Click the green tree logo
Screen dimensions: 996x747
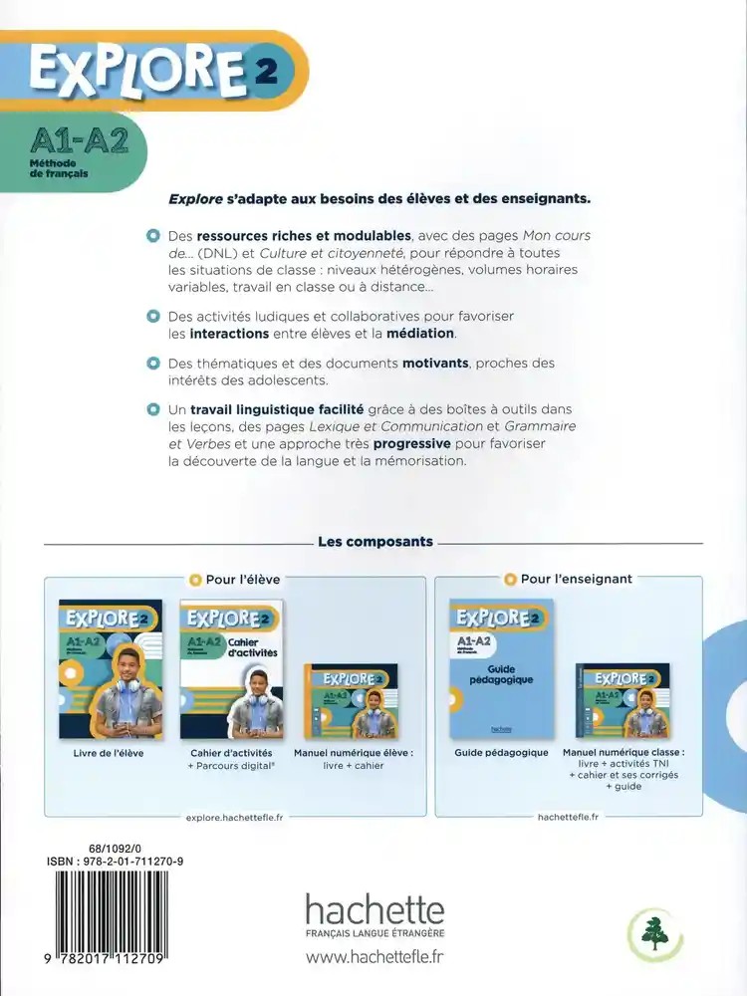tap(654, 934)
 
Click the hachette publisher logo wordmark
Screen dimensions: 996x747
tap(373, 910)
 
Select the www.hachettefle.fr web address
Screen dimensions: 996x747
tap(374, 958)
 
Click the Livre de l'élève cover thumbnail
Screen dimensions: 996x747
tap(111, 668)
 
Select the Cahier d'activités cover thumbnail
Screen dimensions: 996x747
tap(231, 668)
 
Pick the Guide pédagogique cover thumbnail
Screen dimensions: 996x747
tap(501, 668)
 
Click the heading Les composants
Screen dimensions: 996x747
tap(374, 542)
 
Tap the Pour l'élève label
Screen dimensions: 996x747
tap(243, 579)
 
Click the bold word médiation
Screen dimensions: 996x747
tap(420, 333)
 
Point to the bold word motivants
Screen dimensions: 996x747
tap(434, 364)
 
